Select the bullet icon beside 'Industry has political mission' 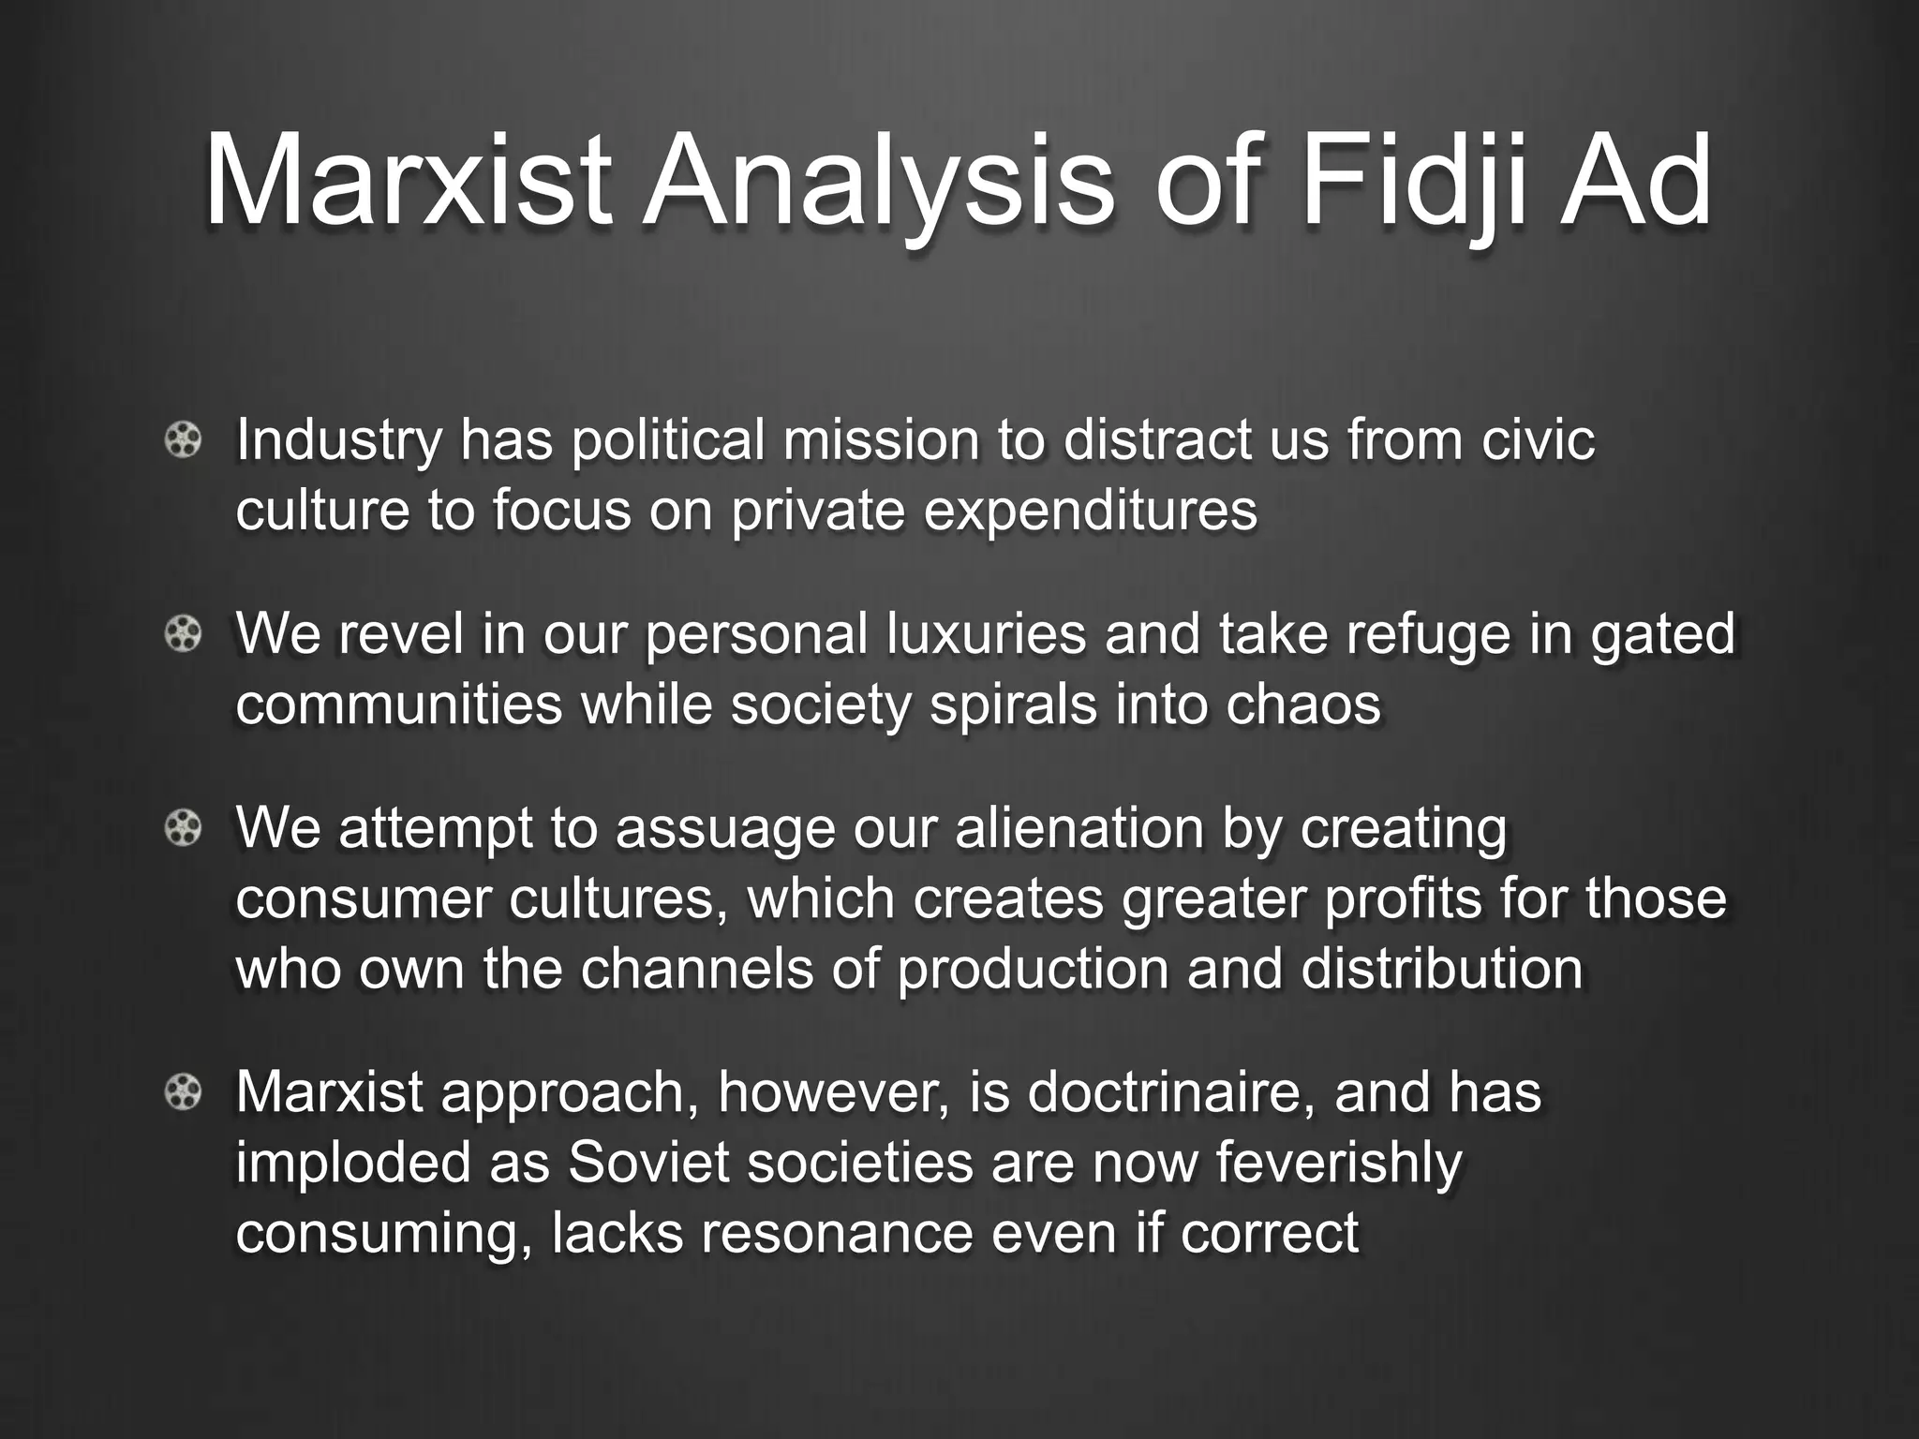183,440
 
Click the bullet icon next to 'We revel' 183,635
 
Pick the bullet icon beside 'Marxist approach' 183,1092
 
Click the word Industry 337,440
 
